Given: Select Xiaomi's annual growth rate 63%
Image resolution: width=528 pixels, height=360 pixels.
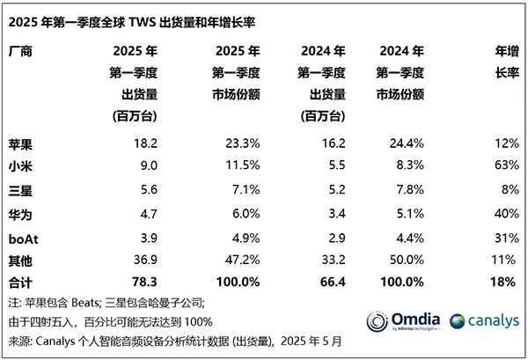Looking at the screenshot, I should click(x=503, y=164).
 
